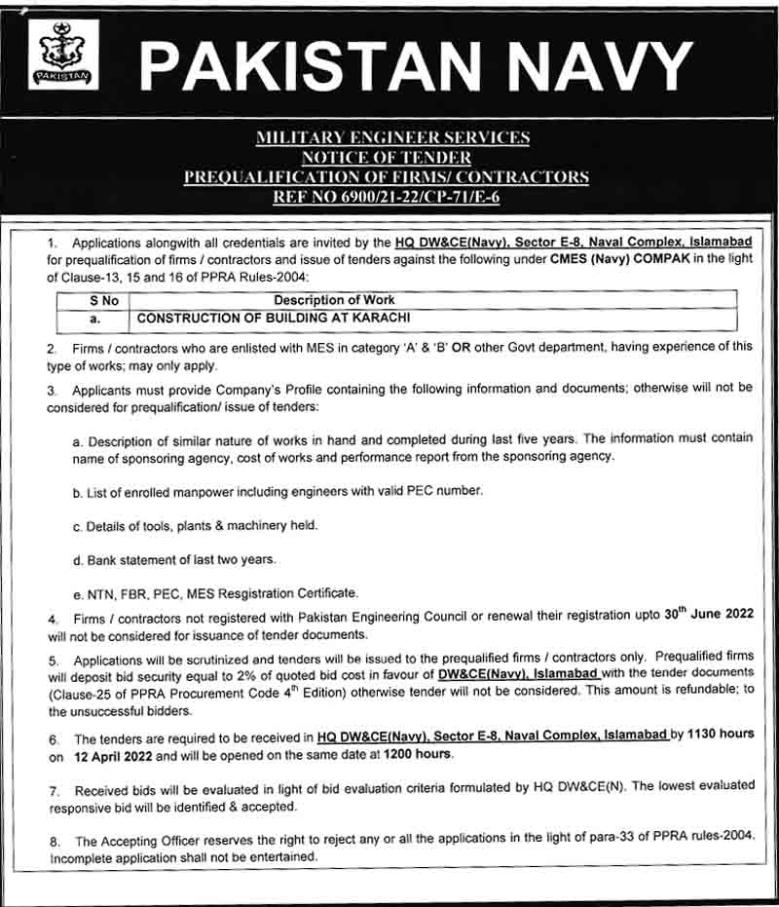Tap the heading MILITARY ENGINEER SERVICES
coord(391,138)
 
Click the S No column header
coord(104,301)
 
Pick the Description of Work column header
coord(334,301)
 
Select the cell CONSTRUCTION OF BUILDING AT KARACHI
coord(274,318)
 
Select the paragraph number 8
coord(55,840)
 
